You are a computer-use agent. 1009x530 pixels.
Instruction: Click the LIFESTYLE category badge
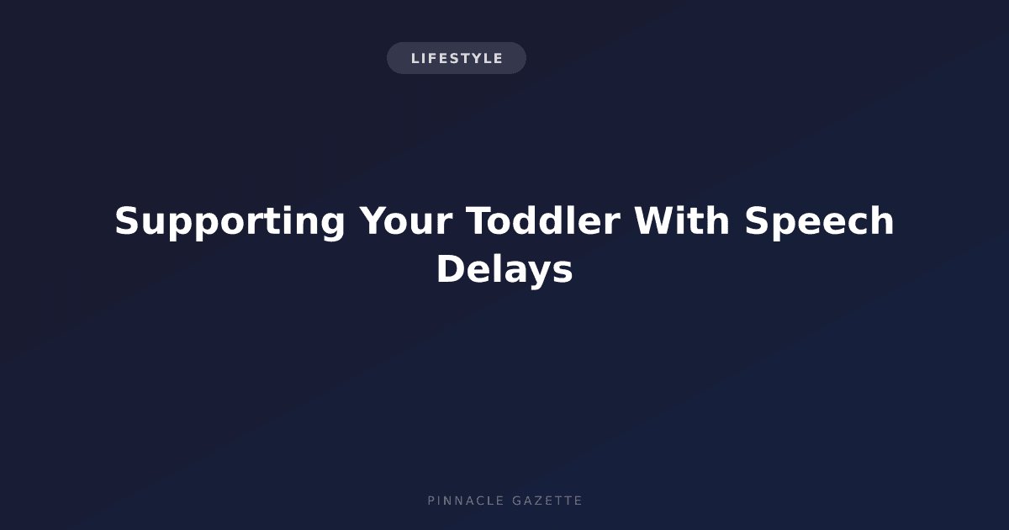coord(457,58)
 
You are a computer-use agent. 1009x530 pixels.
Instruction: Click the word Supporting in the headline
coord(230,222)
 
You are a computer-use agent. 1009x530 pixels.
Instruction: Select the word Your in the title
coord(406,220)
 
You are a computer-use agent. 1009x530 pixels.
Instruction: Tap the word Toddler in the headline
coord(543,220)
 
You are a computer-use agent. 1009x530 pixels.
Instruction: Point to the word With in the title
coord(682,220)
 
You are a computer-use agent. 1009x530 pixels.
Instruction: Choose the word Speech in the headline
coord(819,222)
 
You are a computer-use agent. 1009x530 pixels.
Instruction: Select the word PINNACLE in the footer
coord(466,501)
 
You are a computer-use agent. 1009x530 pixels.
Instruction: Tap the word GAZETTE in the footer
coord(547,501)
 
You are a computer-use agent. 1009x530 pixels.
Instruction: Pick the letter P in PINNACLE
coord(431,501)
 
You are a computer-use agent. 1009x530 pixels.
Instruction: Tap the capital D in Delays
coord(452,269)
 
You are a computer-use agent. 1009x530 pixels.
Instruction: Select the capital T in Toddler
coord(480,220)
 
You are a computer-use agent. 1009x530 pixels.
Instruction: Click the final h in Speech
coord(882,220)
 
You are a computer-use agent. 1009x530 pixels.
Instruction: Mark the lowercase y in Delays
coord(536,276)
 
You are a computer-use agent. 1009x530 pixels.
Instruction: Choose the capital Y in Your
coord(374,220)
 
